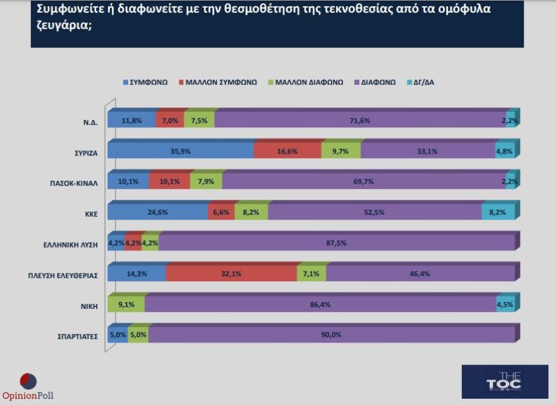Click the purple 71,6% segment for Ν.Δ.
[360, 120]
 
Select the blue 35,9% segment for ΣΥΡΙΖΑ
[181, 151]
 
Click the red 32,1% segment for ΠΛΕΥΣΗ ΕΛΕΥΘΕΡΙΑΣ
[231, 274]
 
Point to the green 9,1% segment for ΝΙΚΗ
[126, 305]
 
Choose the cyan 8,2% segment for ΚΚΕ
[498, 212]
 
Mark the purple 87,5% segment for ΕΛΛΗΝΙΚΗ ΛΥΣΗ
[336, 243]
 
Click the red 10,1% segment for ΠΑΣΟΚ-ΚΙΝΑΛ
[169, 182]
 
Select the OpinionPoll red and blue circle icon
[28, 381]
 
